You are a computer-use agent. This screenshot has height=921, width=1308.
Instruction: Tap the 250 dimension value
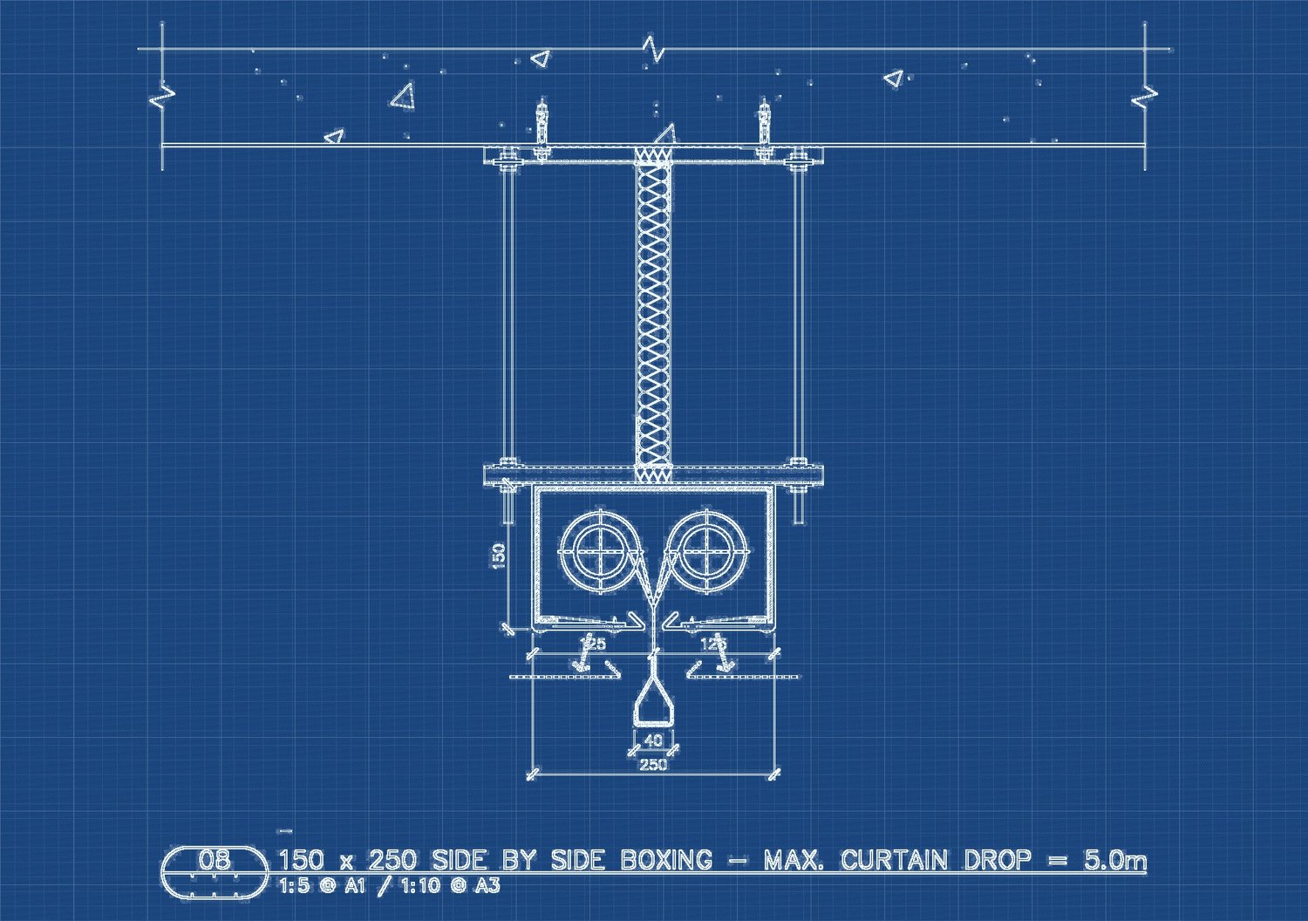653,765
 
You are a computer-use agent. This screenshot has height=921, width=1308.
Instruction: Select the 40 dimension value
653,740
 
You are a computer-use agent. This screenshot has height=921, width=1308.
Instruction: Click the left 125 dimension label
593,645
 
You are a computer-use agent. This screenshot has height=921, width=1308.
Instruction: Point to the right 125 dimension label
713,645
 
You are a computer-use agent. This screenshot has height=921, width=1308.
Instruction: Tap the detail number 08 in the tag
215,860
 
